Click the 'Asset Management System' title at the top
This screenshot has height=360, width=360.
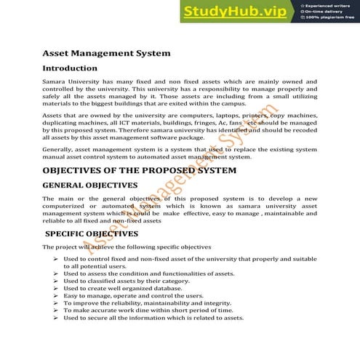point(106,53)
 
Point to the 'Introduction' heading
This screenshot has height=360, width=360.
point(75,68)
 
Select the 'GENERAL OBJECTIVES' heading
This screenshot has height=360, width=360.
point(90,185)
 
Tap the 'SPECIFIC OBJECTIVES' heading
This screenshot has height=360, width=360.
point(92,234)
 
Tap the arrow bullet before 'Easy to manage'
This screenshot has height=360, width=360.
point(56,296)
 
